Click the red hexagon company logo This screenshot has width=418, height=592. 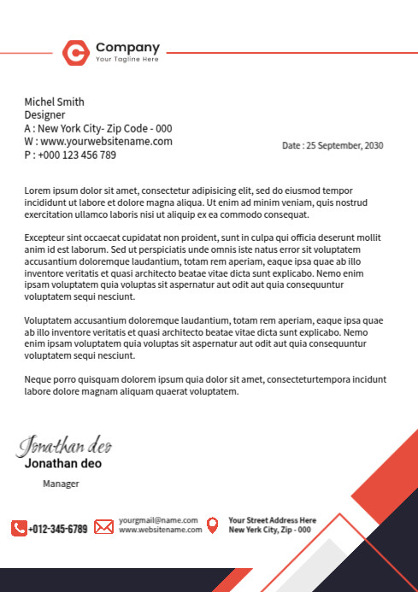tap(75, 53)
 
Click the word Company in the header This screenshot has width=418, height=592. tap(127, 47)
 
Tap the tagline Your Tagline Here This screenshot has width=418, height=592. tap(127, 60)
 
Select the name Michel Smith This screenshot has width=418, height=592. tap(54, 102)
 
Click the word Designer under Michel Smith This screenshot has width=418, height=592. tap(44, 114)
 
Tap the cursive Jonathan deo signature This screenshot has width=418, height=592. tap(65, 445)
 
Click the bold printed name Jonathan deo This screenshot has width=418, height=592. tap(62, 464)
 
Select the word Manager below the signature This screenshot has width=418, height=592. tap(61, 484)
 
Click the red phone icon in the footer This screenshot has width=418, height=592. tap(19, 528)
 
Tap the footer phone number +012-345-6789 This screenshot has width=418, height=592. tap(58, 529)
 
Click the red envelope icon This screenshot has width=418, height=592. tap(103, 527)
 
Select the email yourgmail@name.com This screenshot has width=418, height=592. tap(158, 520)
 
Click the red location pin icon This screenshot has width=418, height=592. tap(212, 525)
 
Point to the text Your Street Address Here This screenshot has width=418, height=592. tap(272, 520)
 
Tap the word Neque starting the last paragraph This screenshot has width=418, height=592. tap(38, 378)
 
